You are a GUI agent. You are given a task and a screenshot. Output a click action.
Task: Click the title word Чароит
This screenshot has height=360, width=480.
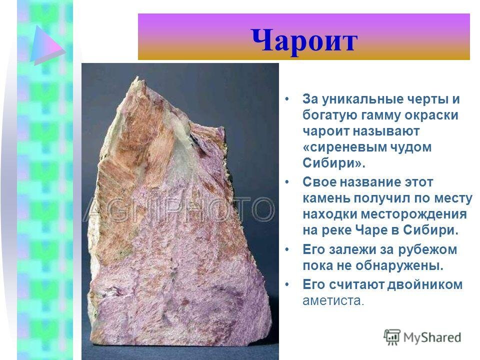tap(304, 40)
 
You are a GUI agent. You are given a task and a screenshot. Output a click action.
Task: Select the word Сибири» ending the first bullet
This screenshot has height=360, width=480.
tap(327, 163)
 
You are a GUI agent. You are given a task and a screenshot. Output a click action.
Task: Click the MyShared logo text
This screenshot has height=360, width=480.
tap(432, 337)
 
